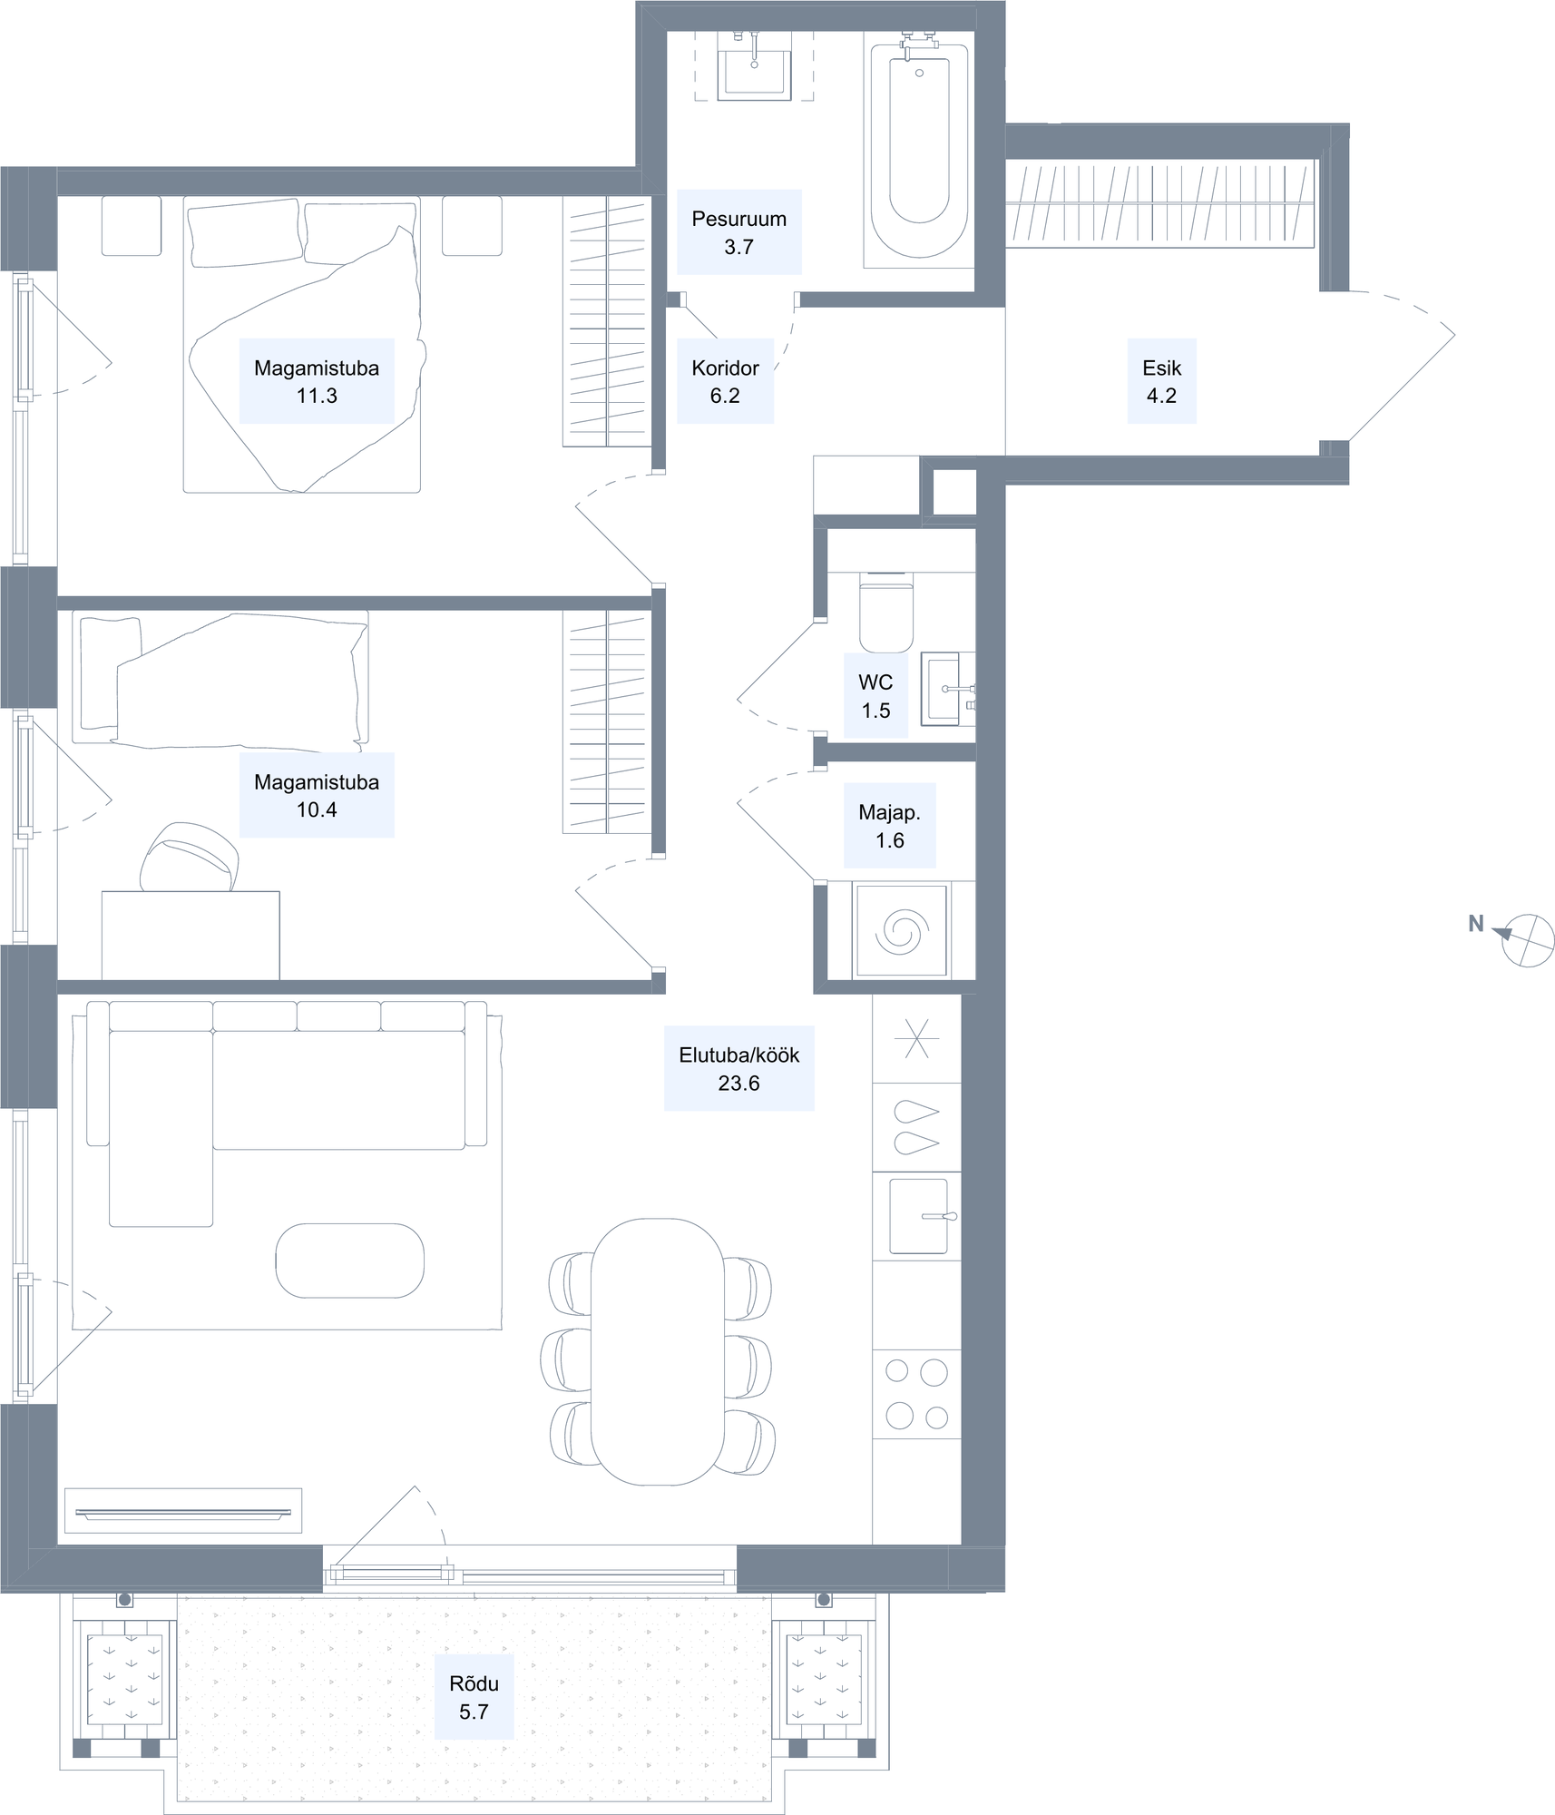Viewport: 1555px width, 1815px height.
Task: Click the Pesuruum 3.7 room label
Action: pos(738,232)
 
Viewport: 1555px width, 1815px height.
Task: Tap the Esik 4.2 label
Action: pos(1161,381)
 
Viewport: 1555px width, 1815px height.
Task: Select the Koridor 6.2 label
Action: pos(725,381)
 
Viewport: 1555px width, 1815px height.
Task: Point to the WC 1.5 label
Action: pos(875,696)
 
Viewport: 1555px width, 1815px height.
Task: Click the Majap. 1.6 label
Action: pos(889,826)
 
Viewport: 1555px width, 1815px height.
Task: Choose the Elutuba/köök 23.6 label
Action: pos(738,1068)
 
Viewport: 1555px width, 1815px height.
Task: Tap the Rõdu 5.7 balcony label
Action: pos(474,1697)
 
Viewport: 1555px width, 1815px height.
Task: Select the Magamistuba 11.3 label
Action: pos(317,381)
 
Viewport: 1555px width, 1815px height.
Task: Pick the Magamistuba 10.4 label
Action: pos(317,795)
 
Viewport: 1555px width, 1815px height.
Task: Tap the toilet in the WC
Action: pos(886,613)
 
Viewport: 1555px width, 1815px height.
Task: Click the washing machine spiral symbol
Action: pos(902,931)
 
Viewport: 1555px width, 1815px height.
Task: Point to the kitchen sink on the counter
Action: pos(919,1216)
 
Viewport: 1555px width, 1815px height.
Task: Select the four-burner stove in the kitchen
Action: pos(916,1394)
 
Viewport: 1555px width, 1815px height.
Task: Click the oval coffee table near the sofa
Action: pos(349,1261)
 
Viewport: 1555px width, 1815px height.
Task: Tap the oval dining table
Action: pos(657,1351)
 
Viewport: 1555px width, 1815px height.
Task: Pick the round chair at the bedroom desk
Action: pos(190,858)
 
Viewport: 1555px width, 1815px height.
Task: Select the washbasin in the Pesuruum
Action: pos(754,73)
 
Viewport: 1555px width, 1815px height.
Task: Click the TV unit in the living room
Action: pos(183,1511)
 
